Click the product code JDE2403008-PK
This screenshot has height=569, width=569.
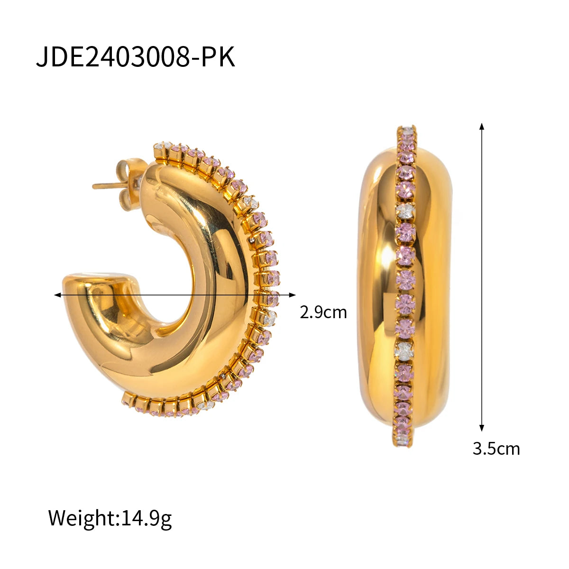(136, 57)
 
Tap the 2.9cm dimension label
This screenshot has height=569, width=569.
(323, 312)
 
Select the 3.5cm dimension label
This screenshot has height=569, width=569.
(496, 449)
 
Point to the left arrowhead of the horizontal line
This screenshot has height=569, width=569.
(57, 294)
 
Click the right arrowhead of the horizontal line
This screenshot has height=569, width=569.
(292, 294)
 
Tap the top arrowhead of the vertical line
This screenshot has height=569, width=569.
(482, 126)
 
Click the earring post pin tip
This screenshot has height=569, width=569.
(94, 186)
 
